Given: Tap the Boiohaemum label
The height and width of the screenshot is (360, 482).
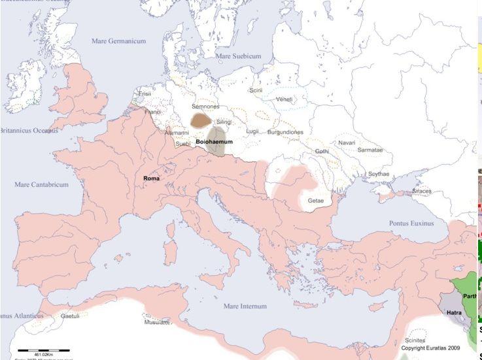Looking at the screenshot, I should tap(215, 141).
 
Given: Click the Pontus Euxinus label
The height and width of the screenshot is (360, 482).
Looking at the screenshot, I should tap(411, 223).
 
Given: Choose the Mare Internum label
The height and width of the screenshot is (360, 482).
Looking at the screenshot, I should tap(245, 306).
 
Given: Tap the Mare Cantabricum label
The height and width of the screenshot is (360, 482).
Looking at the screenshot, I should tap(41, 185).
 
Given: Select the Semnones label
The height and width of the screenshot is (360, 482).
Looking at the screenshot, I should tap(205, 106).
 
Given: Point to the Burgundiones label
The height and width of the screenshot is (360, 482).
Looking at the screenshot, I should tap(285, 132).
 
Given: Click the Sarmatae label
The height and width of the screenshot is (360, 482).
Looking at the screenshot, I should tap(370, 150).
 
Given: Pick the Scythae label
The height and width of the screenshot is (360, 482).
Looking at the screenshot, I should tap(379, 174).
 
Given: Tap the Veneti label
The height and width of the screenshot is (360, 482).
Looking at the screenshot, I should tap(284, 99).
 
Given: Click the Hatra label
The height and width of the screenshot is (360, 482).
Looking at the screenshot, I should tap(454, 312).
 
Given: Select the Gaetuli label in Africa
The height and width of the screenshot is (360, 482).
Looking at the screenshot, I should tap(70, 316).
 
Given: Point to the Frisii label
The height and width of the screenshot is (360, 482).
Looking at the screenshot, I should tap(145, 94).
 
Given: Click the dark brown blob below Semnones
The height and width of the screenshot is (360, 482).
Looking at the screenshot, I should tap(201, 120).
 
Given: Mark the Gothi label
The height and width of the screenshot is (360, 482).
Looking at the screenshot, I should tap(322, 151).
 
